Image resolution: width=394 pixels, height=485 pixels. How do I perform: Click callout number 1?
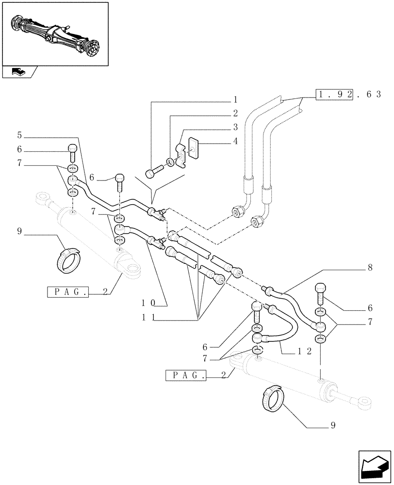tap(235, 100)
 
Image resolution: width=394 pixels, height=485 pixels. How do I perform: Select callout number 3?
tap(235, 128)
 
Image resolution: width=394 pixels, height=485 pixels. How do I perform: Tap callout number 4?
tap(235, 141)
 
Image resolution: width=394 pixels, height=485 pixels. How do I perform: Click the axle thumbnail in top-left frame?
tap(54, 34)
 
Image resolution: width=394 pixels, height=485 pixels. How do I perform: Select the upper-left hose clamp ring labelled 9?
tap(67, 260)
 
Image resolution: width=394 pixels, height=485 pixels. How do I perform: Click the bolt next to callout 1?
tap(154, 172)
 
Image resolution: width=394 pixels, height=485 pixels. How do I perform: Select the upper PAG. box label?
tap(68, 292)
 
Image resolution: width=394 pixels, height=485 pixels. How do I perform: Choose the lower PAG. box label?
tap(186, 375)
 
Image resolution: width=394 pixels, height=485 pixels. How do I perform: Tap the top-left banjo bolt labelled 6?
tap(72, 152)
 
